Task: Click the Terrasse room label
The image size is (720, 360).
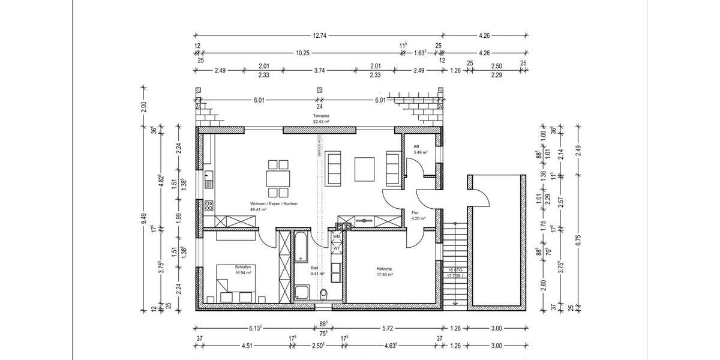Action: coord(321,115)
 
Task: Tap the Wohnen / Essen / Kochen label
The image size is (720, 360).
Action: coord(274,204)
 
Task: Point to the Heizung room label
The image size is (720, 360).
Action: coord(385,268)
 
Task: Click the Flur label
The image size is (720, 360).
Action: coord(415,212)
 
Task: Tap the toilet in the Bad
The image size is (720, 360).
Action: coord(324,294)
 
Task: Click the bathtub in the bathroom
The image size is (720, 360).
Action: coord(301,247)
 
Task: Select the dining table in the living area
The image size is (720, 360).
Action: coord(277,178)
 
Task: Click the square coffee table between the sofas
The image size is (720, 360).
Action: coord(364,169)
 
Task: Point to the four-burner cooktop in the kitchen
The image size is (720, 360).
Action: coord(208,205)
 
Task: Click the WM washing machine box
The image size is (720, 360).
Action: coord(337,237)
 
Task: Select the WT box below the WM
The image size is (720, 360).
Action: coord(337,248)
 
